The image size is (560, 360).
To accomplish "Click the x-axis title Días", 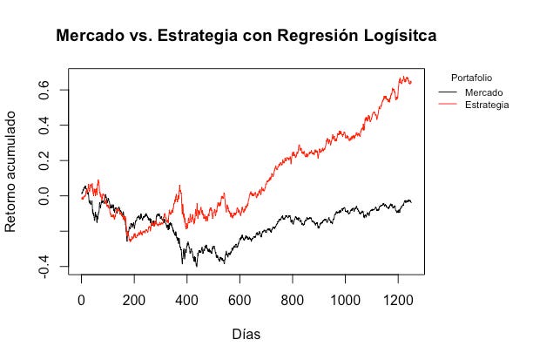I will click(x=246, y=334).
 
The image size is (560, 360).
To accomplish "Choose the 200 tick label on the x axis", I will click(x=134, y=297).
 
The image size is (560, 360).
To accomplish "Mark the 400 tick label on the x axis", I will click(x=187, y=297).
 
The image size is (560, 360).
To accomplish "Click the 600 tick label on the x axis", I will click(x=240, y=297).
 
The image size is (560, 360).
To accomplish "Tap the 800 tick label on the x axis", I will click(x=293, y=297).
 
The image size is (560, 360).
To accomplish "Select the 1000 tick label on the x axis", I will click(x=345, y=297).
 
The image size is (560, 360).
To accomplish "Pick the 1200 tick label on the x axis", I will click(x=398, y=297).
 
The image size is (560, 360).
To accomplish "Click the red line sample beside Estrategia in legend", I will click(x=448, y=104).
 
